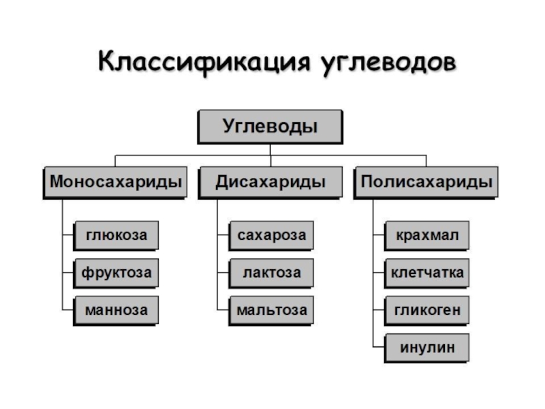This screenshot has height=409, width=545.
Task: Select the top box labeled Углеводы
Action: coord(270,127)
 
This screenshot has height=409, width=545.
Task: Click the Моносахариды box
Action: coord(115,182)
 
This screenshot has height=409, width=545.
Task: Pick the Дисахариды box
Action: coord(270,182)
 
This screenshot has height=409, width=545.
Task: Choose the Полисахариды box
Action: coord(426,182)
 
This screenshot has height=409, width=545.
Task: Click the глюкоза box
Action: coord(116,236)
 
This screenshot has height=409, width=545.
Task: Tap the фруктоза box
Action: coord(116,273)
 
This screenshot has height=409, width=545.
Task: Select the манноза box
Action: coord(116,310)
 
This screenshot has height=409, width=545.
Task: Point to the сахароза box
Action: coord(271,236)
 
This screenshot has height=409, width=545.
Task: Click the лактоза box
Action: coord(271,273)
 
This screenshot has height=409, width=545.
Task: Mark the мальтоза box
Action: coord(271,310)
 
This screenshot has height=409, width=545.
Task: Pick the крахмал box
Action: coord(427,236)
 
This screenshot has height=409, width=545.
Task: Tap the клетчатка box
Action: coord(427,273)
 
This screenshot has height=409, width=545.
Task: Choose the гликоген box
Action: coord(427,310)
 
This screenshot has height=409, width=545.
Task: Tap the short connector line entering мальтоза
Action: coord(223,310)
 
